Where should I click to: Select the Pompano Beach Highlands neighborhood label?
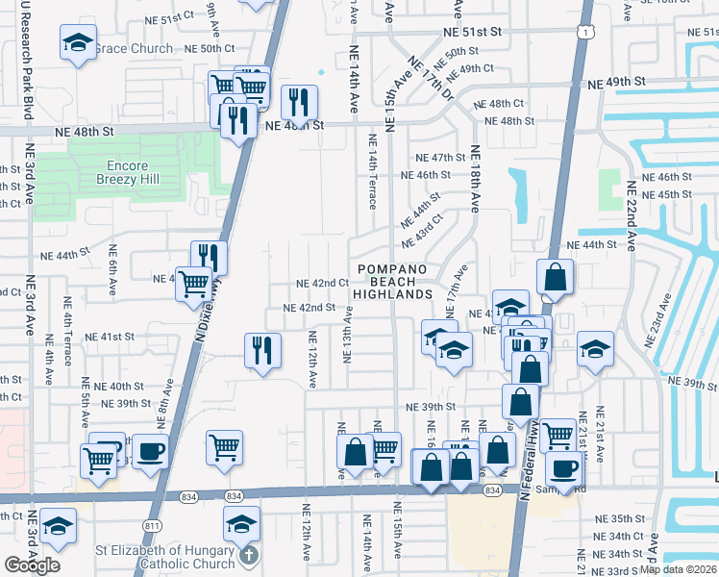pyautogui.click(x=391, y=282)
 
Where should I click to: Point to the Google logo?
pyautogui.click(x=32, y=565)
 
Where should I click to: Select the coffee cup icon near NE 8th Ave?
pyautogui.click(x=150, y=451)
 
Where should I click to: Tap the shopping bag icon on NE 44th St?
pyautogui.click(x=555, y=276)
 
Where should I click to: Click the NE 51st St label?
pyautogui.click(x=473, y=32)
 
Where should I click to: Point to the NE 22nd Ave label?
pyautogui.click(x=631, y=216)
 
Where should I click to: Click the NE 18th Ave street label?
pyautogui.click(x=474, y=179)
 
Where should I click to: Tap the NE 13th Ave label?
pyautogui.click(x=348, y=336)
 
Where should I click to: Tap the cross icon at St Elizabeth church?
pyautogui.click(x=248, y=555)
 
